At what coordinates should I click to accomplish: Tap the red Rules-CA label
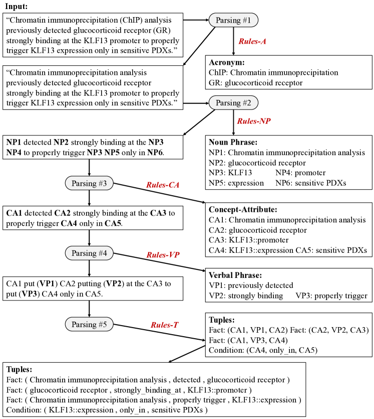click(163, 185)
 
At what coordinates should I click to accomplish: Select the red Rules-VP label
click(163, 255)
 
